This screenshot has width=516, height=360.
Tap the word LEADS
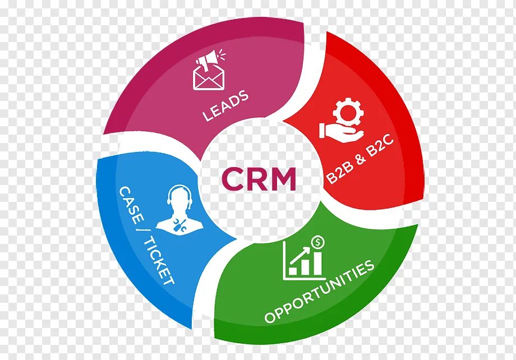pyautogui.click(x=226, y=106)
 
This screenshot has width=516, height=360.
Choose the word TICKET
pyautogui.click(x=159, y=261)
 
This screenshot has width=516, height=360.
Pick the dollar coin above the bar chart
pyautogui.click(x=318, y=242)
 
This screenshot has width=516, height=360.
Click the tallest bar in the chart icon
pyautogui.click(x=317, y=263)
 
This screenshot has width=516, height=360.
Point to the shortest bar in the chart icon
pyautogui.click(x=293, y=270)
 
